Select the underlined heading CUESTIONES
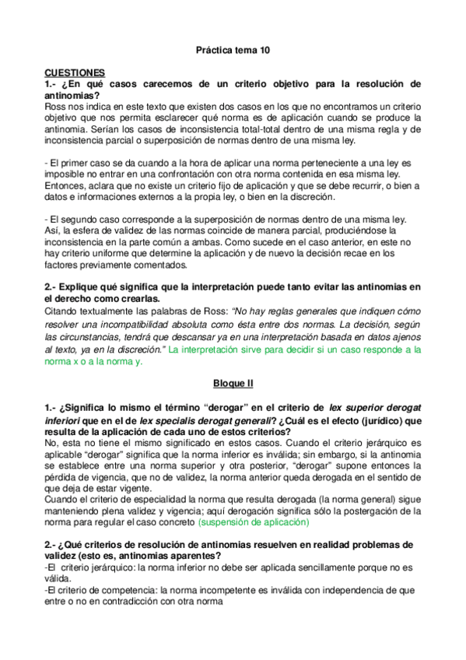click(x=75, y=71)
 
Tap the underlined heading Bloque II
click(x=233, y=384)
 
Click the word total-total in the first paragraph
click(x=249, y=128)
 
